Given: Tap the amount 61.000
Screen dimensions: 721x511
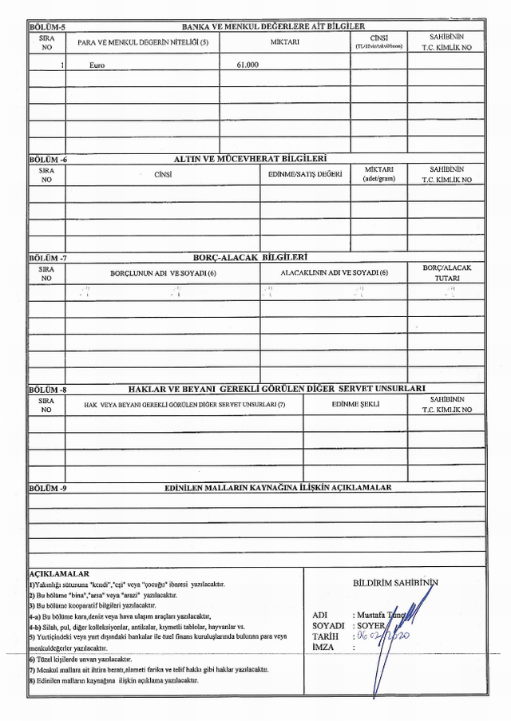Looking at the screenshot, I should pos(248,65).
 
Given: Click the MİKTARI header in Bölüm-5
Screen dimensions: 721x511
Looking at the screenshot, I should pos(284,42).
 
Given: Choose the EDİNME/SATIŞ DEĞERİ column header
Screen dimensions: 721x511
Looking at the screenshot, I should pos(305,174).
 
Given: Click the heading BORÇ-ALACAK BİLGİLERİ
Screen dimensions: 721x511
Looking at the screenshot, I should pos(251,258).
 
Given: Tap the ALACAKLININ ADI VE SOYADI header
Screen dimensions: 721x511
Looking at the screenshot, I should pos(334,273).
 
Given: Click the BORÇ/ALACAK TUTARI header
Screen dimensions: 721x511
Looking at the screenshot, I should pos(446,273).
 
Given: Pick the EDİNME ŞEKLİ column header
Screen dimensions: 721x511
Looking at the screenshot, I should pos(355,404).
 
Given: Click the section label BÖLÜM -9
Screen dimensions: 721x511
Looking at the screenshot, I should pos(48,487).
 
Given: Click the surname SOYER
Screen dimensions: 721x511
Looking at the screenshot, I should pos(372,625).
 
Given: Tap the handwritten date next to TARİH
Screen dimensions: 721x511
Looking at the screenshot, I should pos(383,636).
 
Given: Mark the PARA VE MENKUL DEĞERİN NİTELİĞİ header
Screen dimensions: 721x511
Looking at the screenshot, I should pos(143,42).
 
